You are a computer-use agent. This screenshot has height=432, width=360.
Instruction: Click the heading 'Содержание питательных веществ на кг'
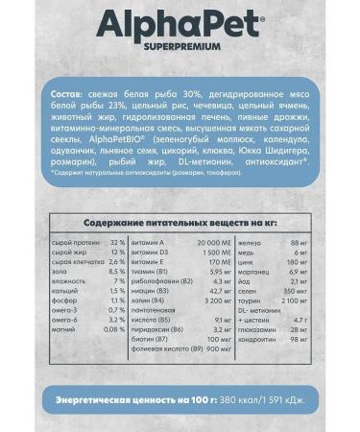(x=180, y=221)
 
